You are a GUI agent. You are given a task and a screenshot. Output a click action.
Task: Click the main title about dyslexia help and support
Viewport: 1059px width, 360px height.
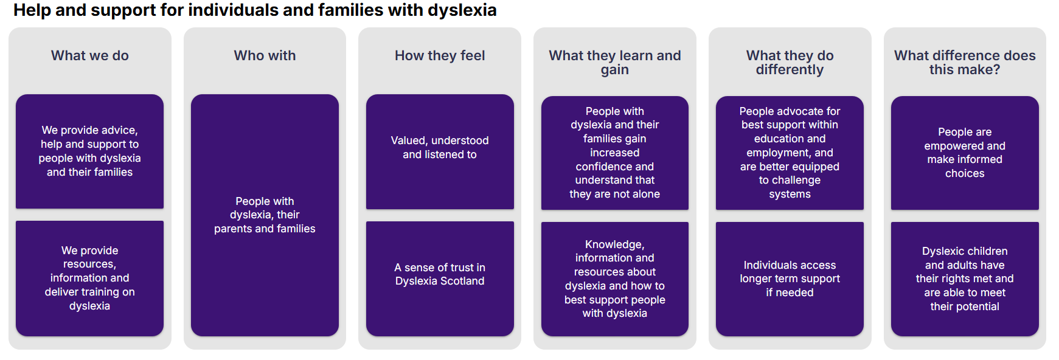tap(255, 10)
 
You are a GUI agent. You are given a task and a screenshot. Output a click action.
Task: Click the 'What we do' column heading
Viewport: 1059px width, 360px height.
tap(90, 55)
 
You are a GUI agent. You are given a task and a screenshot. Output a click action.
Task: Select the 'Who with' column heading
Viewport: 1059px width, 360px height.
tap(265, 55)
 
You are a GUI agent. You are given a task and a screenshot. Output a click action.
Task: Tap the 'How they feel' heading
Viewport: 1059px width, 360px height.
tap(440, 55)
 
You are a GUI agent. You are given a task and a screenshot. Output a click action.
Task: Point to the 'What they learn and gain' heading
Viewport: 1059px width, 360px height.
tap(615, 62)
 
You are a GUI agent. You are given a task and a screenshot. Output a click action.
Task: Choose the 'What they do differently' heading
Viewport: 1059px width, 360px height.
tap(790, 62)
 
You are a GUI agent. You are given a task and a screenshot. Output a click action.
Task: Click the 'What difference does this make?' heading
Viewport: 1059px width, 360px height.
tap(965, 62)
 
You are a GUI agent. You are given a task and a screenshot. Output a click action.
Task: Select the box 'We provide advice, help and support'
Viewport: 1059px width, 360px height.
tap(89, 151)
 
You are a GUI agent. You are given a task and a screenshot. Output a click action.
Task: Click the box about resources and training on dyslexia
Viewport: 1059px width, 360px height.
tap(89, 279)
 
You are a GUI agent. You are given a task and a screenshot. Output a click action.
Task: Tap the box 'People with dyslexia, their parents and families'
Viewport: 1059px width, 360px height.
tap(265, 215)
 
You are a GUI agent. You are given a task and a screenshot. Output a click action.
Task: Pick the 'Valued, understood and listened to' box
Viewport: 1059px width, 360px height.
tap(440, 151)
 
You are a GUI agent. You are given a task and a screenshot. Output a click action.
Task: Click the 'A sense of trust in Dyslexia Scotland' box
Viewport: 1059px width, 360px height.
tap(440, 279)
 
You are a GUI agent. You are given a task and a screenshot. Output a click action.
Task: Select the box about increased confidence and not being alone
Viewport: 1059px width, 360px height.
tap(615, 153)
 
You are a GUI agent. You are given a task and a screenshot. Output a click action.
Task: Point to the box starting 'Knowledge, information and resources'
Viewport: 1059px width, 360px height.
tap(615, 279)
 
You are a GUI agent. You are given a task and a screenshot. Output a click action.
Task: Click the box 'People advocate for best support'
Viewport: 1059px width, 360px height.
tap(790, 153)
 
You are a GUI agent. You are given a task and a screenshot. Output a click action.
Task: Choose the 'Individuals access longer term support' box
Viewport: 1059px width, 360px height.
tap(790, 279)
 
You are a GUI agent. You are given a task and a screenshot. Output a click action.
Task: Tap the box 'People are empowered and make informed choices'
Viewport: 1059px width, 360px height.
tap(965, 153)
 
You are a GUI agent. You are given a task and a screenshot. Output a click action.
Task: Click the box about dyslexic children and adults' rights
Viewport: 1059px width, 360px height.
tap(965, 279)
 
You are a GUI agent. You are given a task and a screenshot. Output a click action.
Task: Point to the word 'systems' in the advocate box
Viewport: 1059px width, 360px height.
tap(790, 195)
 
